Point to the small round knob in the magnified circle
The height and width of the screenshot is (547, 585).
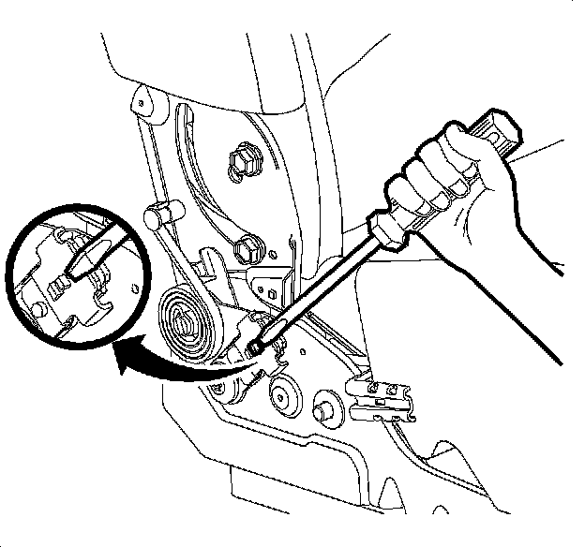point(38,306)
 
